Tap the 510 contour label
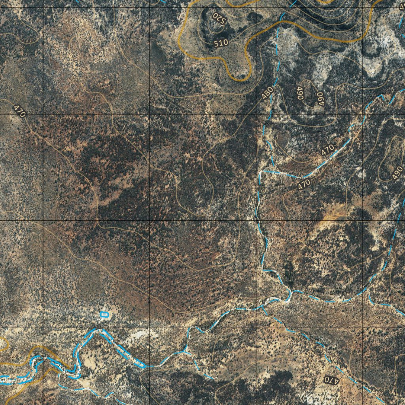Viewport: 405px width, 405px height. pyautogui.click(x=221, y=43)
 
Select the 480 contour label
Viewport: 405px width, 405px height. pyautogui.click(x=267, y=93)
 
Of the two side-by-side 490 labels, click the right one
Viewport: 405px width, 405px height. pyautogui.click(x=320, y=98)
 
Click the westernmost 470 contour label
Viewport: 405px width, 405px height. pyautogui.click(x=19, y=111)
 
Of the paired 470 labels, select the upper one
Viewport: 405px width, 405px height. pyautogui.click(x=327, y=150)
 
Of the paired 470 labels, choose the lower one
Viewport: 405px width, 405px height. pyautogui.click(x=304, y=184)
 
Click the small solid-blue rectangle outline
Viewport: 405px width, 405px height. pyautogui.click(x=104, y=314)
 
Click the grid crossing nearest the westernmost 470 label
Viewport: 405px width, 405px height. pyautogui.click(x=43, y=114)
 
